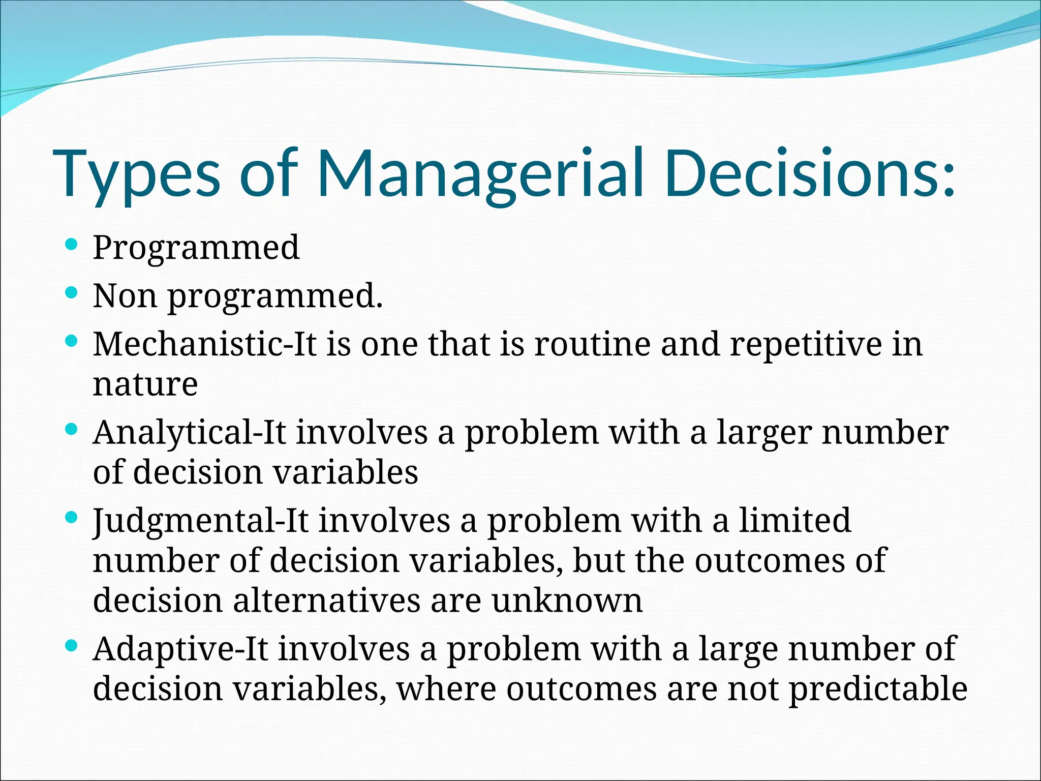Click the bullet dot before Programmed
pos(72,245)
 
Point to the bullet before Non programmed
pos(72,293)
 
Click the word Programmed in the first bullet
pos(196,248)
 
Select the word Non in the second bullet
pos(125,295)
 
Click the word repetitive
pos(806,344)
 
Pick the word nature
pos(145,384)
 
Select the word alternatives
pos(327,600)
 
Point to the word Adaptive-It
pos(180,649)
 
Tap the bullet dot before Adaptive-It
pos(72,646)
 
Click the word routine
pos(592,344)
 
